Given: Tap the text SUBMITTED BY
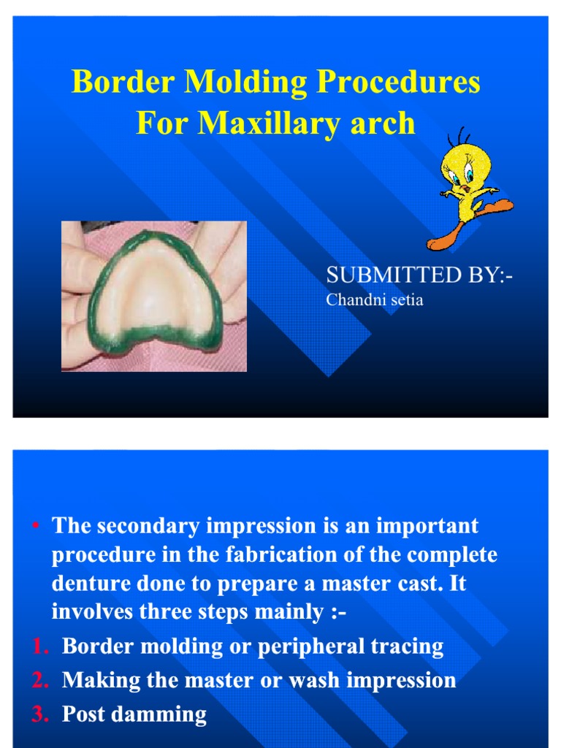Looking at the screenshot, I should click(x=419, y=275).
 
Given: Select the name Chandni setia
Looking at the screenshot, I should click(x=374, y=300).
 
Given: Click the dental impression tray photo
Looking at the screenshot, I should click(x=154, y=296).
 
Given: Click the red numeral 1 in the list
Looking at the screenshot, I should click(x=40, y=646).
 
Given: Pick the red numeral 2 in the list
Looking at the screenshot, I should click(x=40, y=680).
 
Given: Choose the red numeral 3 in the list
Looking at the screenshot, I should click(x=40, y=714).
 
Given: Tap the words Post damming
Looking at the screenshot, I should click(x=134, y=714).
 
